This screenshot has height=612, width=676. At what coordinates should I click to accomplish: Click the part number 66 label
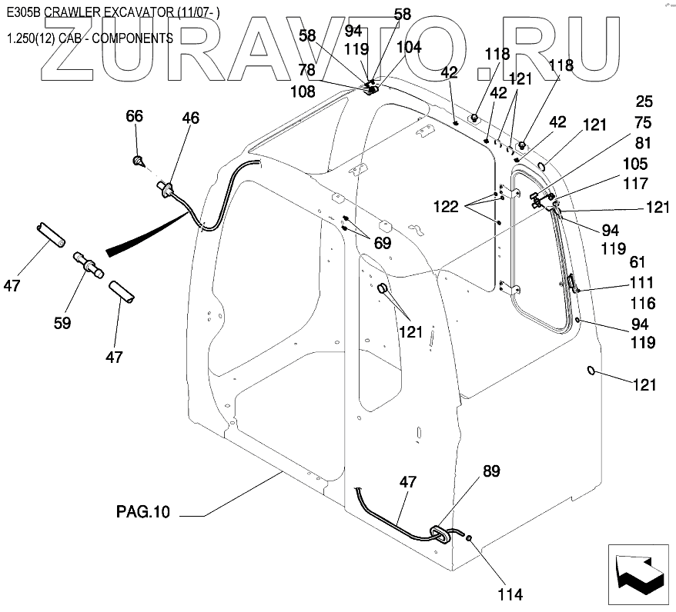[x=135, y=116]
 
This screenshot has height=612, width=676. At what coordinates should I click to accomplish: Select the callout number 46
[x=190, y=118]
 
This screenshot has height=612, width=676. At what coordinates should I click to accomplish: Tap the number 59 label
[x=62, y=324]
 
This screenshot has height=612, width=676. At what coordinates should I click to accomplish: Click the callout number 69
[x=383, y=243]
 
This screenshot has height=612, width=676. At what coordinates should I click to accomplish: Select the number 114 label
[x=510, y=594]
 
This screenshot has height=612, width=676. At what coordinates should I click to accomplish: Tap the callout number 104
[x=409, y=46]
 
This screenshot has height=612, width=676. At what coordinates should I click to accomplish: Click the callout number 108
[x=303, y=91]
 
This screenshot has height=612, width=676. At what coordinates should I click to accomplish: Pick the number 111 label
[x=641, y=283]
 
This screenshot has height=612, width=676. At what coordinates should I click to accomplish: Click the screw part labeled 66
[x=139, y=161]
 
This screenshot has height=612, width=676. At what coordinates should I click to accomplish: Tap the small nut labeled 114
[x=470, y=540]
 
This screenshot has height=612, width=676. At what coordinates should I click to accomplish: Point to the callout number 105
[x=636, y=164]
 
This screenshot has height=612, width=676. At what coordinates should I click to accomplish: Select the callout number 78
[x=306, y=71]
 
